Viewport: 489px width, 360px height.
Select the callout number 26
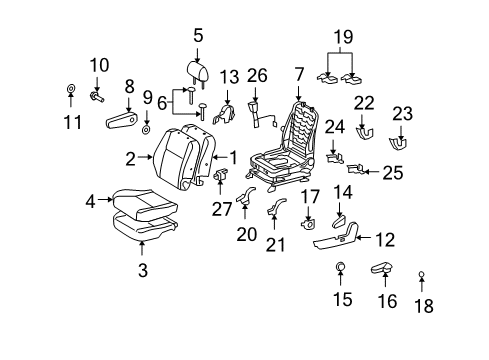258,75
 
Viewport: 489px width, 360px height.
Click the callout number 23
401,113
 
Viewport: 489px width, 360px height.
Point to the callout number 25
393,172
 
